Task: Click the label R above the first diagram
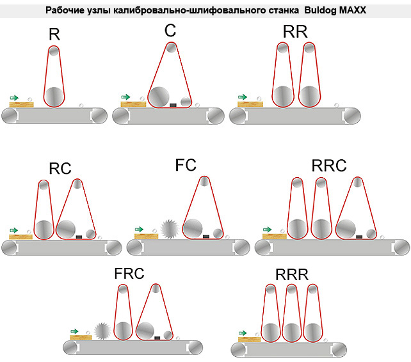[54, 35]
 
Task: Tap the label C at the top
[170, 31]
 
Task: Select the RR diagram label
[293, 31]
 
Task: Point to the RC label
[60, 168]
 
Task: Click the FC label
[186, 165]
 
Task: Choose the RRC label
[329, 166]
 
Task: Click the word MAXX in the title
[350, 11]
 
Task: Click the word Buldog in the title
[316, 11]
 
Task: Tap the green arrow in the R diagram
[15, 97]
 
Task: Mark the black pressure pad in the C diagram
[172, 104]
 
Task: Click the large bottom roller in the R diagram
[54, 97]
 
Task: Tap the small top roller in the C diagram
[170, 47]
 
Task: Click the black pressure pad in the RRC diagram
[359, 236]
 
